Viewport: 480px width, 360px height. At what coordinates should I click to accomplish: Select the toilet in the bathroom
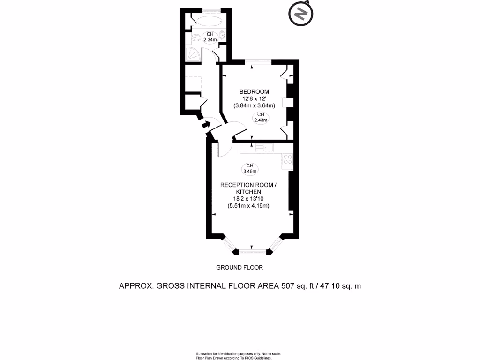(x=196, y=37)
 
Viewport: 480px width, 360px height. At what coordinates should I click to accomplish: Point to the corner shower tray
(x=192, y=54)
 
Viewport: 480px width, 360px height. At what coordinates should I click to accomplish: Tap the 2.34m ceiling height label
(x=210, y=37)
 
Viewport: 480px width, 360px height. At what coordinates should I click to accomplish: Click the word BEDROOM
(x=254, y=91)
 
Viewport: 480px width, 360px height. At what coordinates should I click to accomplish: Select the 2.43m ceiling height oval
(x=260, y=118)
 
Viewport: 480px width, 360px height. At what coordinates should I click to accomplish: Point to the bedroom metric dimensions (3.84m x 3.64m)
(x=254, y=105)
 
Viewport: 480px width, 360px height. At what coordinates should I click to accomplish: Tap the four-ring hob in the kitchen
(x=287, y=160)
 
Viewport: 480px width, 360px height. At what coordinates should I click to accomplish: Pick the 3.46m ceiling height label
(x=250, y=168)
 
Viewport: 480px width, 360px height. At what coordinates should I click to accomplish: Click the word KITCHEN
(x=248, y=192)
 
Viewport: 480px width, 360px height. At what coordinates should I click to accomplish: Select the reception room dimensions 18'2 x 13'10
(x=248, y=199)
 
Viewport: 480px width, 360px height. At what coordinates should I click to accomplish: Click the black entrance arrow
(x=204, y=125)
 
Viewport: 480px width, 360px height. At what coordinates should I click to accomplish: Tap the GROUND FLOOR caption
(x=239, y=268)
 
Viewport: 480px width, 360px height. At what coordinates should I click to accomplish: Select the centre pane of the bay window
(x=252, y=252)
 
